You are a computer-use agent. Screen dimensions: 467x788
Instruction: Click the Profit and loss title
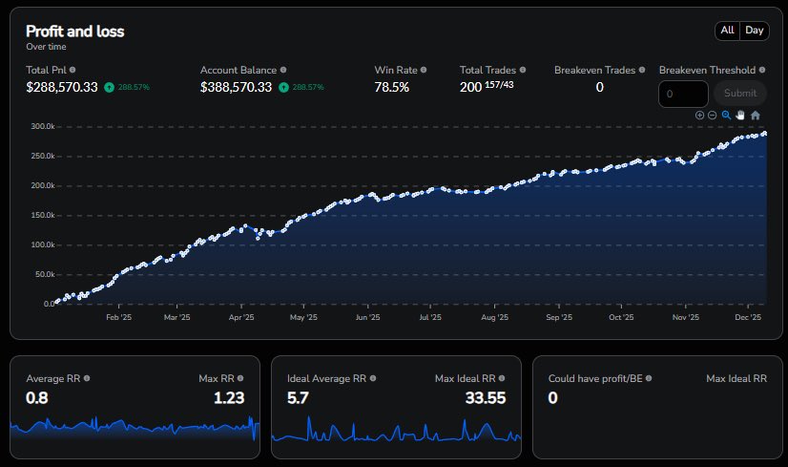click(x=74, y=32)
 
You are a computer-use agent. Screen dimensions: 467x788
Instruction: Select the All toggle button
click(x=727, y=31)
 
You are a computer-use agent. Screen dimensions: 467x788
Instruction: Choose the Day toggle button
click(x=755, y=31)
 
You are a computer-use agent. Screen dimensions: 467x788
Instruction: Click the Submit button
click(x=739, y=94)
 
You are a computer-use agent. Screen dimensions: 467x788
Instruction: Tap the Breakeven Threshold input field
click(x=683, y=94)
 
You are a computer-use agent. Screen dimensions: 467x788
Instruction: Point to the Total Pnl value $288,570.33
click(x=62, y=87)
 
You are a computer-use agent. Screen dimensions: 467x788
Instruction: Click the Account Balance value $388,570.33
click(x=236, y=87)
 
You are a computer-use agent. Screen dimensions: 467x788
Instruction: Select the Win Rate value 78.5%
click(x=391, y=87)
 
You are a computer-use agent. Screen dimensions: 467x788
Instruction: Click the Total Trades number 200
click(x=471, y=87)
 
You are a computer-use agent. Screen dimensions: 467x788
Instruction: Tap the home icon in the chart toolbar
click(x=755, y=116)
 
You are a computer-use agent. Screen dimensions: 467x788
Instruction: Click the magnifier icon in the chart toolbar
click(x=726, y=116)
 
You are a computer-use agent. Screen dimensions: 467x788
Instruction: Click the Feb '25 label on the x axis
click(x=118, y=318)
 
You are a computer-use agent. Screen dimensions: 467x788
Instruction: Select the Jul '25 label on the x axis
click(x=429, y=318)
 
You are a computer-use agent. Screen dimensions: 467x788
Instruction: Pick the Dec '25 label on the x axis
click(x=747, y=318)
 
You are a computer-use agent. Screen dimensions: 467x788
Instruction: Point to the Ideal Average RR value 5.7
click(x=298, y=398)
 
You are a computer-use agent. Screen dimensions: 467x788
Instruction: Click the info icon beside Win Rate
click(x=424, y=70)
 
